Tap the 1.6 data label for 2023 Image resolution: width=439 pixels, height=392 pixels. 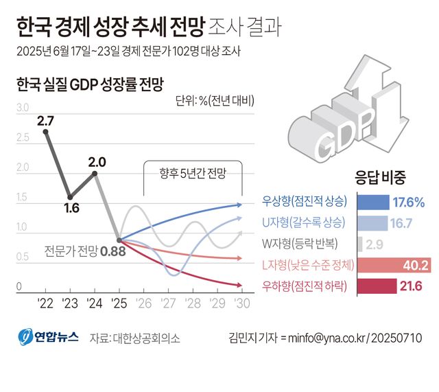pyautogui.click(x=71, y=208)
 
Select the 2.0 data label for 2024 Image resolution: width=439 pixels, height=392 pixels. pyautogui.click(x=97, y=163)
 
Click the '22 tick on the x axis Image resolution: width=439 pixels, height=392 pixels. pyautogui.click(x=46, y=303)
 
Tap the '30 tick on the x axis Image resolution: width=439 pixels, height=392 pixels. pyautogui.click(x=241, y=303)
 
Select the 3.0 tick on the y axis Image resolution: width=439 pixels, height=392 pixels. pyautogui.click(x=22, y=108)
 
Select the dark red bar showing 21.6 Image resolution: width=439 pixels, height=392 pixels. pyautogui.click(x=377, y=286)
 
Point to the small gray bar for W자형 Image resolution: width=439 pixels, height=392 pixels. pyautogui.click(x=360, y=244)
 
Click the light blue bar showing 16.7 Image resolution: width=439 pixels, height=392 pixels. pyautogui.click(x=373, y=223)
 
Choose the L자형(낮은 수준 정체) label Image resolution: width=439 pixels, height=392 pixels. pyautogui.click(x=309, y=265)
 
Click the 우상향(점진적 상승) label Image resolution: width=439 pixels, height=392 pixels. pyautogui.click(x=305, y=202)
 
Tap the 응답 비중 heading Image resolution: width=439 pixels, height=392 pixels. pyautogui.click(x=379, y=177)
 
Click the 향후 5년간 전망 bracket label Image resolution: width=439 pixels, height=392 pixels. pyautogui.click(x=192, y=173)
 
